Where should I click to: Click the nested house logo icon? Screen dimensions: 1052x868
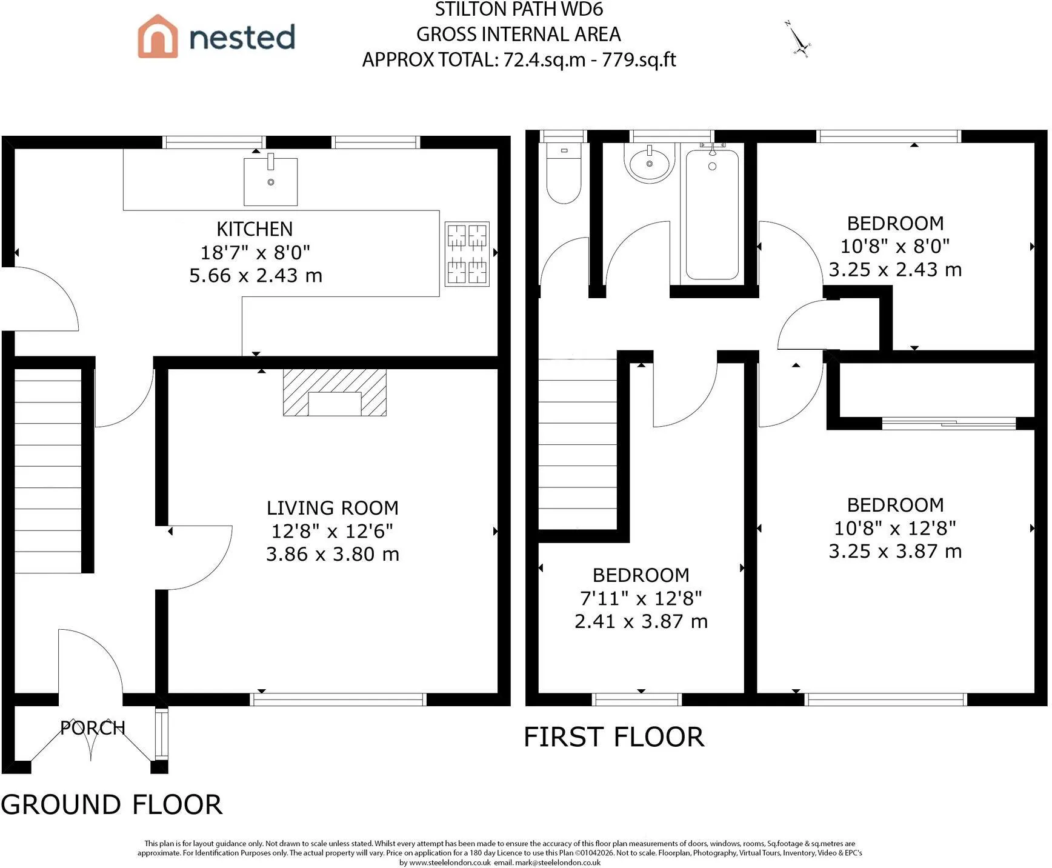158,36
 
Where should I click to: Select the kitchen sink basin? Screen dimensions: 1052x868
271,182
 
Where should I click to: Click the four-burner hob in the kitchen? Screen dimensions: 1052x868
467,254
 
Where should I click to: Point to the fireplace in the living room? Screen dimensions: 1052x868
335,393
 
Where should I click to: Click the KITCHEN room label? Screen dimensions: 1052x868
255,229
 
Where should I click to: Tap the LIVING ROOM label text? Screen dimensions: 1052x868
333,508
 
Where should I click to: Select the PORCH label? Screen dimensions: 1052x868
93,727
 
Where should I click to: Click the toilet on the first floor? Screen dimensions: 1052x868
564,173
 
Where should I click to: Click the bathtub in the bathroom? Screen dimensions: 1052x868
712,215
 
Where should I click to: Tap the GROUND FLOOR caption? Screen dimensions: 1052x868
112,805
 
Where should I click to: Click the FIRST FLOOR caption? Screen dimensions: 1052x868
614,737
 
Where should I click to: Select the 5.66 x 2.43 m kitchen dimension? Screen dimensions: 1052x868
256,276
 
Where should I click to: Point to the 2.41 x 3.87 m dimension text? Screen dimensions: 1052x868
641,621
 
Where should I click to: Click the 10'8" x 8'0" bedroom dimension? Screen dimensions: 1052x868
895,247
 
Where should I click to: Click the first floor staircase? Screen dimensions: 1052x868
578,444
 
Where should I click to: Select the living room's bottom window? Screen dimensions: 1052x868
338,699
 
